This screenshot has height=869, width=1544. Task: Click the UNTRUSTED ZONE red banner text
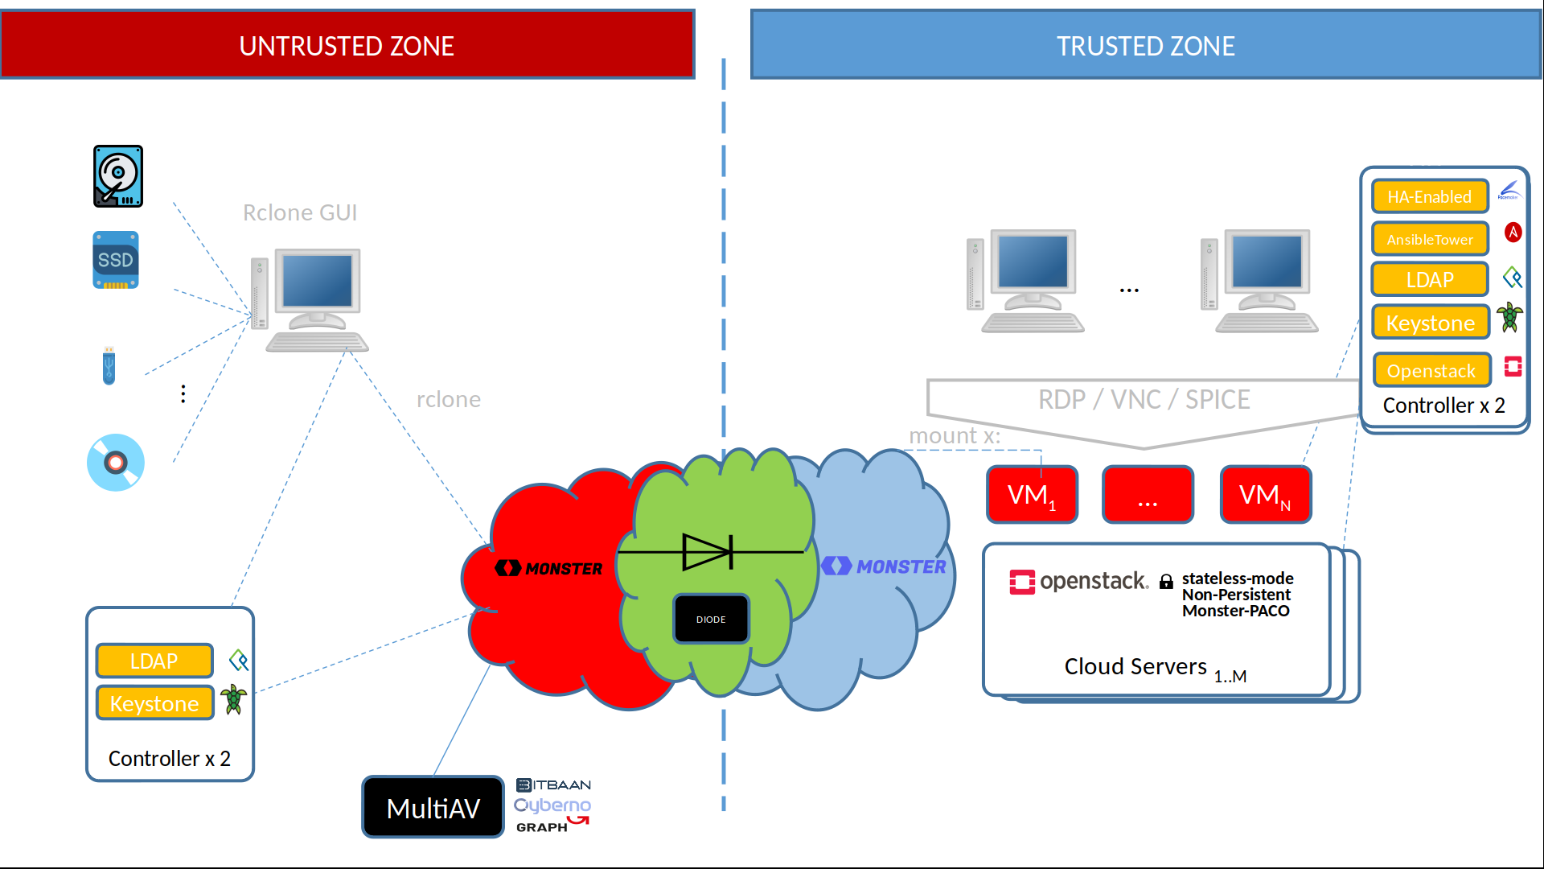click(x=347, y=46)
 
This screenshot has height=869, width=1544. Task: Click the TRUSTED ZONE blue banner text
click(x=1145, y=46)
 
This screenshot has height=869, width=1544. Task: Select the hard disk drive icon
click(x=118, y=176)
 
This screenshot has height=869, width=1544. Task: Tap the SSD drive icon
click(x=116, y=260)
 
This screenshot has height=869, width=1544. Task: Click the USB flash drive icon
click(x=109, y=366)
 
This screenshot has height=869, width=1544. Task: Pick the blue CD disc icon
click(x=116, y=462)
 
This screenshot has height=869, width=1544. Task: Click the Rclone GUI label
click(x=300, y=212)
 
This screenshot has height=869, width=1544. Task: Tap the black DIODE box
click(x=711, y=619)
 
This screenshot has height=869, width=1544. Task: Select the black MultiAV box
click(x=433, y=807)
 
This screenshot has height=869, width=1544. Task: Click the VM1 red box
click(x=1032, y=495)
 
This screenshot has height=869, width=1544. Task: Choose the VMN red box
click(x=1265, y=495)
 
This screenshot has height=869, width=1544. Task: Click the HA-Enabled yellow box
click(x=1429, y=196)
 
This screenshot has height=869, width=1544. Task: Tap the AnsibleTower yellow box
click(x=1429, y=239)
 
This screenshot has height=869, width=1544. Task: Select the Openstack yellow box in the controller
click(x=1431, y=371)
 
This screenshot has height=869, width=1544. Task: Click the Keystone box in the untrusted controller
click(x=154, y=703)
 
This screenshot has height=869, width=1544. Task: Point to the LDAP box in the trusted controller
click(x=1429, y=280)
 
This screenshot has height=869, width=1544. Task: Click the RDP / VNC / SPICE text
click(x=1144, y=399)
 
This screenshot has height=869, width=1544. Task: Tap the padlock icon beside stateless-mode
click(x=1166, y=582)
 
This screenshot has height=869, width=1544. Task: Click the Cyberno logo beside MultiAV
click(x=552, y=805)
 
